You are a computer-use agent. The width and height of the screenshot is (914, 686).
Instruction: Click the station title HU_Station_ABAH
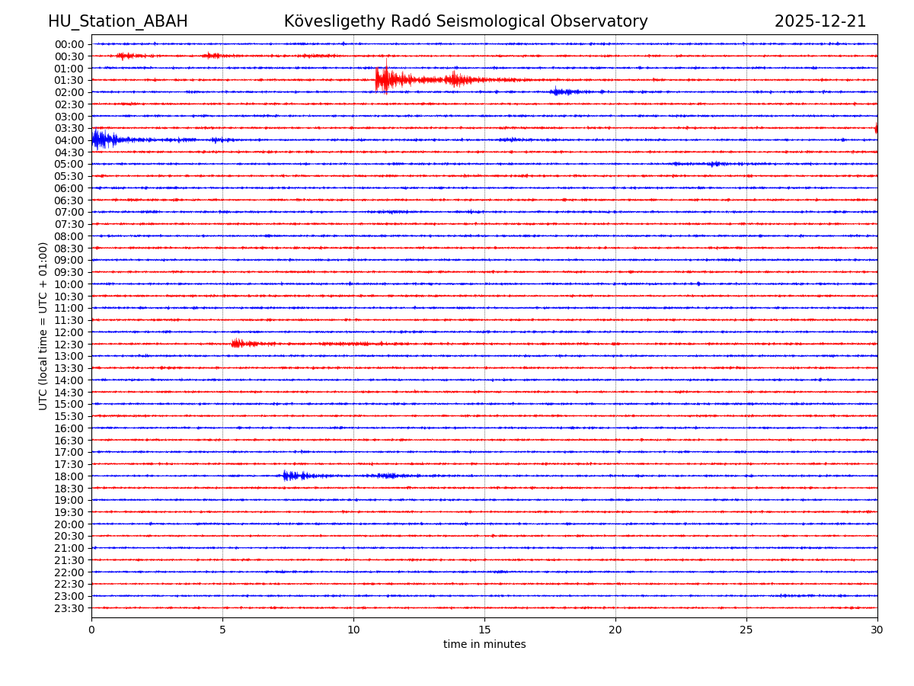click(x=117, y=21)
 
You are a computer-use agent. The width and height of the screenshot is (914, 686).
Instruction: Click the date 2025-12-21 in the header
click(x=820, y=21)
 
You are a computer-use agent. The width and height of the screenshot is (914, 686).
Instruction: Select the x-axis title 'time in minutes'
click(x=484, y=645)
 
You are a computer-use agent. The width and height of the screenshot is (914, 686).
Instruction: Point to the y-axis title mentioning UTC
click(x=43, y=325)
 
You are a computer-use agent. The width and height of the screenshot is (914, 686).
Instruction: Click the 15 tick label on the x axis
click(x=484, y=630)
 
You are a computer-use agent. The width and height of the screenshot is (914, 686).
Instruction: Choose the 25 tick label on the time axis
click(x=746, y=630)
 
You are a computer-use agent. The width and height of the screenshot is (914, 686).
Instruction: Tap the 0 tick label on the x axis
click(x=91, y=630)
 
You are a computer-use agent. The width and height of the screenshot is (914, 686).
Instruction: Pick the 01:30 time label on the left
click(x=69, y=80)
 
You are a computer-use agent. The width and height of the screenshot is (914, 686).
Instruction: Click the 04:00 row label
click(x=69, y=140)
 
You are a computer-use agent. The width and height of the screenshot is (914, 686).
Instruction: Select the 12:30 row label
click(x=69, y=345)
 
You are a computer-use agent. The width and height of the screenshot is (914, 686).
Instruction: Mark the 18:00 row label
click(x=69, y=476)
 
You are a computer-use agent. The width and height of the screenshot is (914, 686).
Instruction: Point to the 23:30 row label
click(x=69, y=608)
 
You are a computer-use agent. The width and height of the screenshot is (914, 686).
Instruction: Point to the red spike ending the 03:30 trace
click(x=876, y=128)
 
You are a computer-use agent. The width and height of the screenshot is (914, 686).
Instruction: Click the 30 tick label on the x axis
click(x=877, y=630)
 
